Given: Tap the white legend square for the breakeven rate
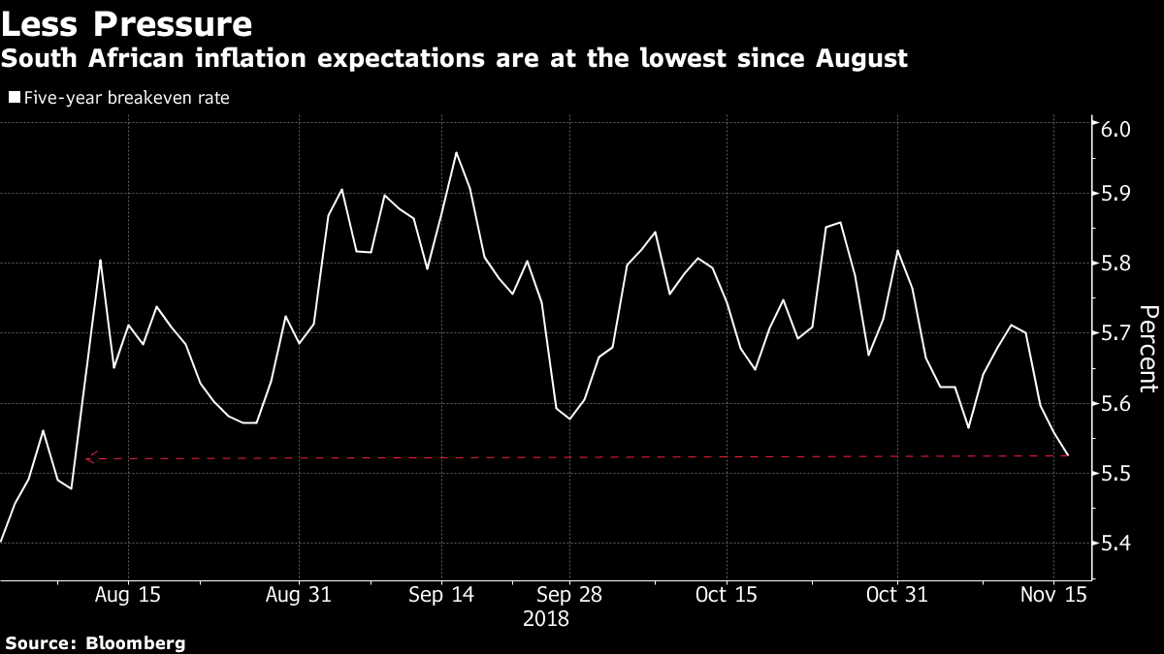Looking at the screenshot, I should [13, 98].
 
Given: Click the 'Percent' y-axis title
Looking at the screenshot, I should [1148, 349].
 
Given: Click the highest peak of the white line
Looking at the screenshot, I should [456, 152].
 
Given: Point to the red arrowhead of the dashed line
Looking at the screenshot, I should [90, 458].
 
